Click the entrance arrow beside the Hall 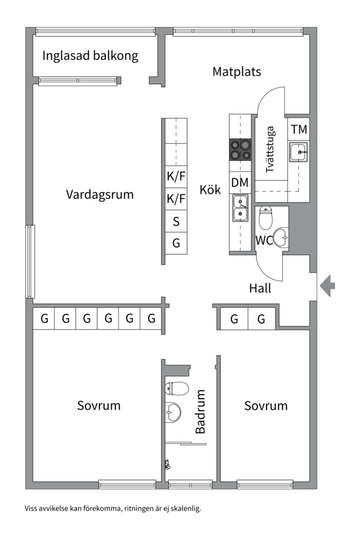pos(328,286)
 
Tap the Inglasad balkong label pos(90,55)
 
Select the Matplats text pos(236,71)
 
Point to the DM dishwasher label pos(240,183)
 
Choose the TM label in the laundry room pos(299,129)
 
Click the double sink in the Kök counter pos(240,208)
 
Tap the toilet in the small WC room pos(265,217)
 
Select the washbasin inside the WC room pos(281,238)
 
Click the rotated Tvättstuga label pos(270,150)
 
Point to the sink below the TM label pos(299,152)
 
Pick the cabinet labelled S pos(176,221)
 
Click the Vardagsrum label pos(100,194)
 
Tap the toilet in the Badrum pos(176,388)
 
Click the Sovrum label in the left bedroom pos(98,405)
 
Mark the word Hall pos(260,288)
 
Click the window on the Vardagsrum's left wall pos(30,261)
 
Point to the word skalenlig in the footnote pos(183,508)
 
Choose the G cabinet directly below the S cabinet pos(176,243)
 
